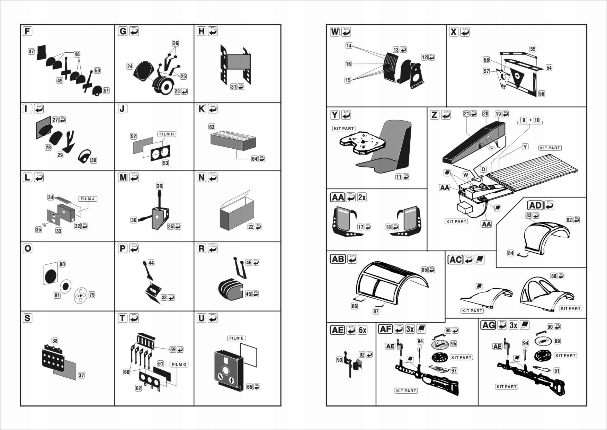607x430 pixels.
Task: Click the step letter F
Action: coord(27,31)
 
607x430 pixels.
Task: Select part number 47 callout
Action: coord(31,52)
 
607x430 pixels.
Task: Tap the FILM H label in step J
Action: coord(167,134)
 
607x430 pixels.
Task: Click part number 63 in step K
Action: coord(212,127)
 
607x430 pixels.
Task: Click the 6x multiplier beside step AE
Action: coord(362,330)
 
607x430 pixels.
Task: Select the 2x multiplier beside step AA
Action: coord(362,198)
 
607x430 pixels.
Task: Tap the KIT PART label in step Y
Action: coord(343,129)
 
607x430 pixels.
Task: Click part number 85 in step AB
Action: coord(424,270)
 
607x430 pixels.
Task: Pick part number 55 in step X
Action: coord(533,49)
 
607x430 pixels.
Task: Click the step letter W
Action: coord(334,32)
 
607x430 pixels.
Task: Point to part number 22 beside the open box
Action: coord(251,227)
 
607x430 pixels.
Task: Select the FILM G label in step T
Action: coord(179,365)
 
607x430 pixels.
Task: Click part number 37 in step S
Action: coord(81,375)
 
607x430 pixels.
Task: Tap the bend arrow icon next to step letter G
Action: coord(134,31)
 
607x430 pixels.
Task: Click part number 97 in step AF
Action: coord(454,370)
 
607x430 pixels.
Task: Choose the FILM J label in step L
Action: coord(87,199)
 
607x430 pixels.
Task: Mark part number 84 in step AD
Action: coord(510,253)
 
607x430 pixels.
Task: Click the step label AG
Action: coord(489,325)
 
